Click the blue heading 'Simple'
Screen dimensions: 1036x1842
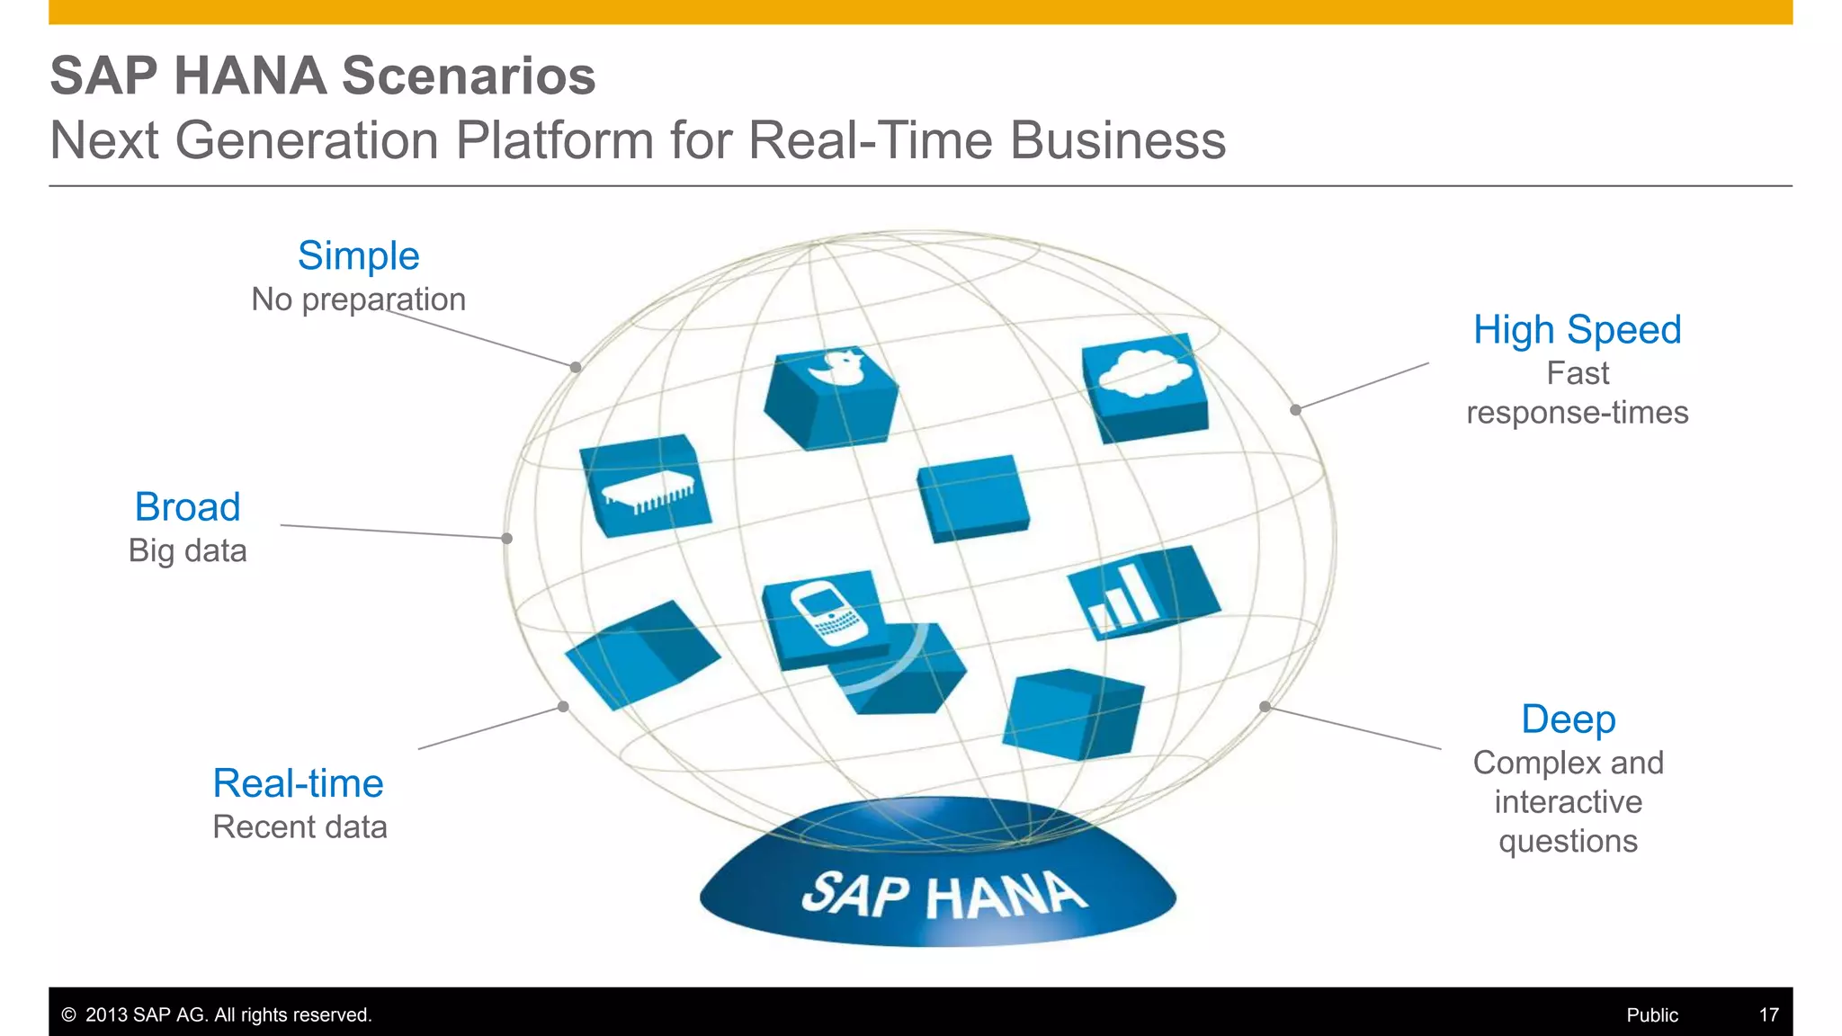click(x=358, y=256)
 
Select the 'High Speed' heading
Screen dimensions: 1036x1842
click(x=1577, y=330)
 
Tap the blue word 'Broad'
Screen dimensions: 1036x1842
click(x=187, y=507)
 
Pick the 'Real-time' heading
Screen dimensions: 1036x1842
click(x=298, y=783)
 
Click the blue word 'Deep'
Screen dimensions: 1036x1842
click(x=1568, y=719)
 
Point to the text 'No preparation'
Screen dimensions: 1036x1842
click(x=358, y=299)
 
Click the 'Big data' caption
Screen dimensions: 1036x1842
click(x=187, y=550)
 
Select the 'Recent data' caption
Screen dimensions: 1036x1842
click(x=300, y=827)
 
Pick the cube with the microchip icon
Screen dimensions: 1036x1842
click(x=645, y=487)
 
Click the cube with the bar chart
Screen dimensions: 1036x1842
click(x=1142, y=594)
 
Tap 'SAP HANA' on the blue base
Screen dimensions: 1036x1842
click(x=943, y=896)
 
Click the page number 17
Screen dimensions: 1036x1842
click(x=1768, y=1015)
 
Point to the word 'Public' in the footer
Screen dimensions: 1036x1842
click(x=1651, y=1015)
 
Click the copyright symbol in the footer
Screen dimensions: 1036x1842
click(x=68, y=1015)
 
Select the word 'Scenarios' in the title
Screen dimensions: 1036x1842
click(x=469, y=76)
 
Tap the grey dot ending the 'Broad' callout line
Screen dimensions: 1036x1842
click(x=507, y=539)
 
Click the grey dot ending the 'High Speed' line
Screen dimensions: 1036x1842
click(x=1295, y=410)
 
